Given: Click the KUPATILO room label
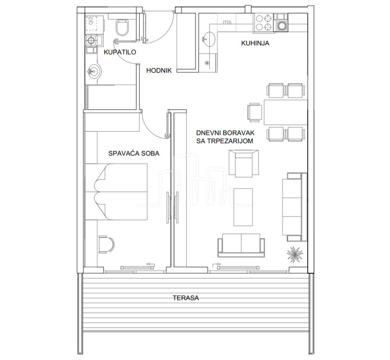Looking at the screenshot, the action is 120,52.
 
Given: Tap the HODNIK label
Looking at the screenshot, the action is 159,71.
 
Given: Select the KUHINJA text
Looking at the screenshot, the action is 255,43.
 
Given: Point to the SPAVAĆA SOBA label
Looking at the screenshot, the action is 134,153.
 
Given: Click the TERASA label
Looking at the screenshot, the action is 186,298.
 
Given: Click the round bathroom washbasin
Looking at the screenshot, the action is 94,71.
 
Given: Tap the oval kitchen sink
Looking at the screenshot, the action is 208,39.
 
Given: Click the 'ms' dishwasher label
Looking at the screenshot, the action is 227,22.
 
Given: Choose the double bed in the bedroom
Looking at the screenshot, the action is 116,192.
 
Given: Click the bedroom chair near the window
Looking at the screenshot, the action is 107,244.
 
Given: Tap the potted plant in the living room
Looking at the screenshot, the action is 295,254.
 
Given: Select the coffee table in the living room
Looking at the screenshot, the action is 243,207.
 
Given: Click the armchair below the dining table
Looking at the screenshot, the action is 244,164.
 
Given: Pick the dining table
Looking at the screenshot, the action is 286,112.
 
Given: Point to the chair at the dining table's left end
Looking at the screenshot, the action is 255,112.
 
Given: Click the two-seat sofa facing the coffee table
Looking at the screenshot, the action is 241,245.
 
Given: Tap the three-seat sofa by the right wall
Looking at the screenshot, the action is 295,207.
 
